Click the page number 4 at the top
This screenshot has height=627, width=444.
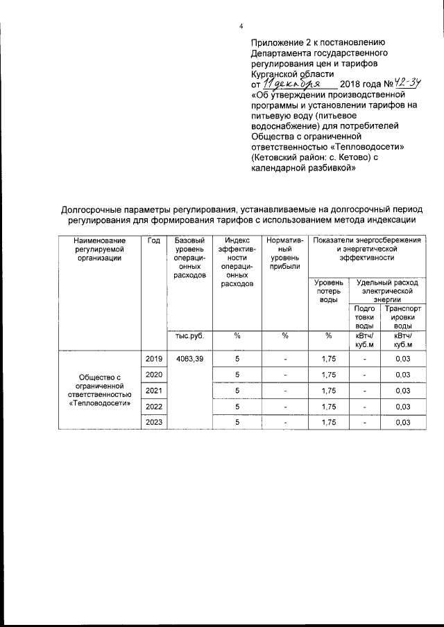point(241,26)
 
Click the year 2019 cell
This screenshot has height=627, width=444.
point(154,359)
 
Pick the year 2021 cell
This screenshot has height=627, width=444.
point(154,391)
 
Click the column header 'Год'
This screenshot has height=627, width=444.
point(154,240)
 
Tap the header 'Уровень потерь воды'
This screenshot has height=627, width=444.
point(328,291)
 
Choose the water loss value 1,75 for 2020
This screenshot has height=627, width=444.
point(328,375)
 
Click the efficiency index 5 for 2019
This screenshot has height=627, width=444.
point(237,359)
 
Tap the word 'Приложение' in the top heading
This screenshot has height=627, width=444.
point(277,42)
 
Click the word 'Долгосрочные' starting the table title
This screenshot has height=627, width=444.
point(93,209)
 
